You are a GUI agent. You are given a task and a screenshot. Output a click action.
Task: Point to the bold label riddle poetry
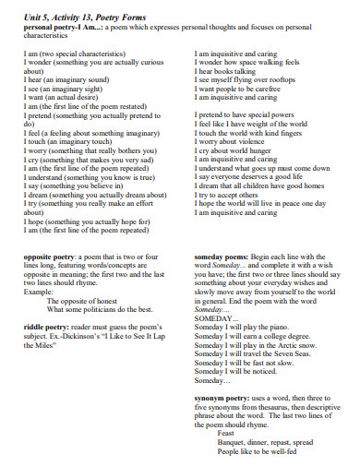43,325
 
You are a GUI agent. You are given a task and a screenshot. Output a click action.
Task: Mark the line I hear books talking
227,69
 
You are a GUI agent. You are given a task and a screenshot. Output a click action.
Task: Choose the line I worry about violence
232,139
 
